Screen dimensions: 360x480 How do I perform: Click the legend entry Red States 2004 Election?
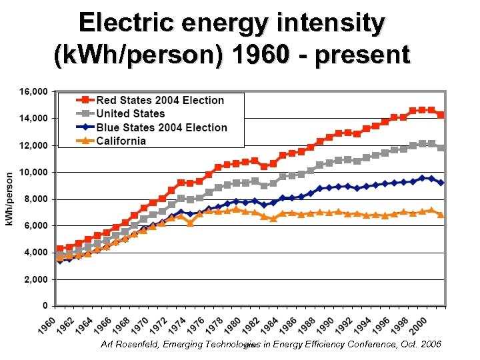160,100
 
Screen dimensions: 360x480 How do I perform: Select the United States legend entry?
130,114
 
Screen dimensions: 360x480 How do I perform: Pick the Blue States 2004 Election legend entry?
161,127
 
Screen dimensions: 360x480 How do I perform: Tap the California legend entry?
121,141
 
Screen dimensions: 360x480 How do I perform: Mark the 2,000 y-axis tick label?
35,279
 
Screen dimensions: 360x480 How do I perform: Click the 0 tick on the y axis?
44,306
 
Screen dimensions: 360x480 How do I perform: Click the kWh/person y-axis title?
11,198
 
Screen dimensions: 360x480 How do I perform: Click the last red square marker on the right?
441,115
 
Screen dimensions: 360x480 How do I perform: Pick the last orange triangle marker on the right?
441,215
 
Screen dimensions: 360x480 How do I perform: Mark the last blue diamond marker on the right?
441,183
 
